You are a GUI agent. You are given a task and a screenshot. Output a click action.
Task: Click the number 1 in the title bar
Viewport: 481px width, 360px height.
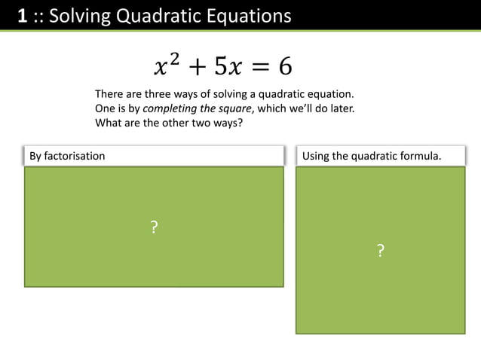click(x=23, y=15)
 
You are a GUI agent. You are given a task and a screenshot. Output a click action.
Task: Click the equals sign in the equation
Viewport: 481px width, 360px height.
click(x=259, y=68)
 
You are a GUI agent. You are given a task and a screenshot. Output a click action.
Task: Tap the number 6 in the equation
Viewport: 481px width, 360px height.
click(x=285, y=67)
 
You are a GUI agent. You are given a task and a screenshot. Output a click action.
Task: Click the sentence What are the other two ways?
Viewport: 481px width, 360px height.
click(x=168, y=123)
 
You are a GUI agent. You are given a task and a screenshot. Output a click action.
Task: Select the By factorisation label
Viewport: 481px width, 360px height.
click(x=67, y=156)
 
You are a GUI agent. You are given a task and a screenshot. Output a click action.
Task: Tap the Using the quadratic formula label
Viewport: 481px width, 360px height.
click(x=371, y=156)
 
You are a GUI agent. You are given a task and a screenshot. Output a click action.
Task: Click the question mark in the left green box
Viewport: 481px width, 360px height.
click(x=154, y=227)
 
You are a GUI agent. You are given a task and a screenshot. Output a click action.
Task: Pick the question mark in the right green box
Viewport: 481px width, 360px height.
click(x=380, y=251)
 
